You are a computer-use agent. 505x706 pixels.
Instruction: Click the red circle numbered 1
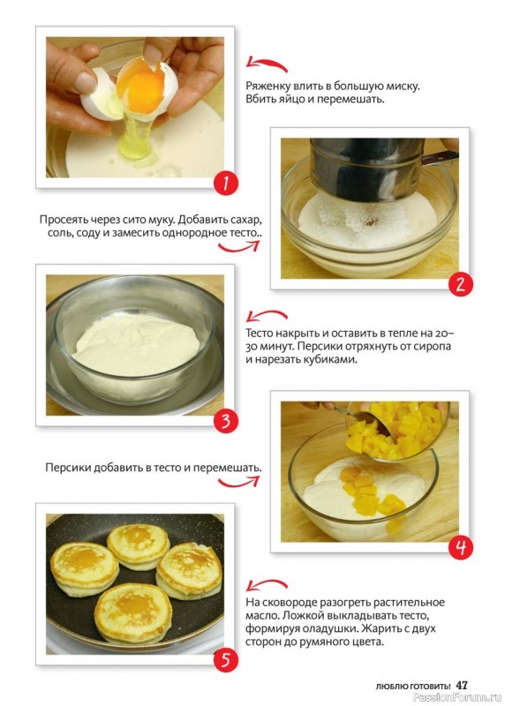[226, 184]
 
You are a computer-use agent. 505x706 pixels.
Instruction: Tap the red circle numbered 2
[460, 284]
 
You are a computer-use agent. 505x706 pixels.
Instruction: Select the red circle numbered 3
[226, 422]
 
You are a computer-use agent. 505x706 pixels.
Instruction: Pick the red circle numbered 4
[460, 547]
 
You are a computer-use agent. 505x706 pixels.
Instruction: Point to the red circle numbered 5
[226, 660]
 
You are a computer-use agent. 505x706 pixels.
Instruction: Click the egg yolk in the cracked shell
[140, 86]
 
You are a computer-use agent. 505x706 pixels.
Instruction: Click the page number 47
[462, 686]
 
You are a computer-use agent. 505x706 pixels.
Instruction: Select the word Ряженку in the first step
[268, 86]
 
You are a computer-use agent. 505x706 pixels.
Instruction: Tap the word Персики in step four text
[68, 468]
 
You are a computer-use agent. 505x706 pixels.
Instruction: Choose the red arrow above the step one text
[267, 64]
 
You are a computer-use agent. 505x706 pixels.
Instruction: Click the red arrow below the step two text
[238, 246]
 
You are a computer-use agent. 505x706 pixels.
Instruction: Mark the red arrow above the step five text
[267, 584]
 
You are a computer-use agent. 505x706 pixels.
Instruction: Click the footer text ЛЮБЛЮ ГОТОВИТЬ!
[412, 687]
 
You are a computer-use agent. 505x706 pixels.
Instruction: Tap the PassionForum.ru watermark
[457, 697]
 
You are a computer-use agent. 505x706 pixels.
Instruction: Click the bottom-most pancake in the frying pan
[133, 612]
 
